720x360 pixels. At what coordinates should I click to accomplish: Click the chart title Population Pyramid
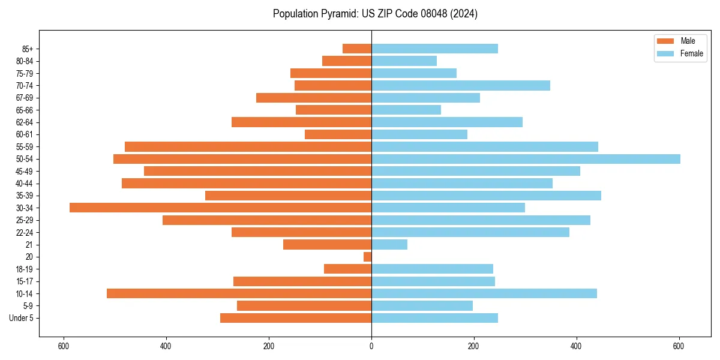coord(375,14)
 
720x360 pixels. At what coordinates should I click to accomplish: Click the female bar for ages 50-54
coord(526,159)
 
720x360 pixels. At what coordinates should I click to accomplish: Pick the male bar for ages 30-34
coord(220,208)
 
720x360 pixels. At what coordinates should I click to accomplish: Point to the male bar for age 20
coord(368,257)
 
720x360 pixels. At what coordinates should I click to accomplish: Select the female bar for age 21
coord(389,245)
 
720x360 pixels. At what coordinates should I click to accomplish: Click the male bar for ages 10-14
coord(239,293)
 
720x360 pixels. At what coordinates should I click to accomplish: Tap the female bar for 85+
coord(434,49)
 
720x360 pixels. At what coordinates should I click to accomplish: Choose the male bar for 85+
coord(357,49)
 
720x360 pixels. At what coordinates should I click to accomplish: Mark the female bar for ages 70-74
coord(461,85)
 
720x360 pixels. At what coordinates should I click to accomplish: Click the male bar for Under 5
coord(296,318)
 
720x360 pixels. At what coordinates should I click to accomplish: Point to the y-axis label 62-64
coord(25,122)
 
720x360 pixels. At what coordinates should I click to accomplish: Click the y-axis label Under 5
coord(21,318)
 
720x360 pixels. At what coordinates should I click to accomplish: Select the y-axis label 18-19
coord(25,269)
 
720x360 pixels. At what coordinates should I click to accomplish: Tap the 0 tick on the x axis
coord(371,346)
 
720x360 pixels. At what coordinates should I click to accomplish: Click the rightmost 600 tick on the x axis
coord(679,346)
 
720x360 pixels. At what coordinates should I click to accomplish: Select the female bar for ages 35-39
coord(486,196)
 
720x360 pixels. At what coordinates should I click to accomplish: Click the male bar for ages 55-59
coord(248,146)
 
